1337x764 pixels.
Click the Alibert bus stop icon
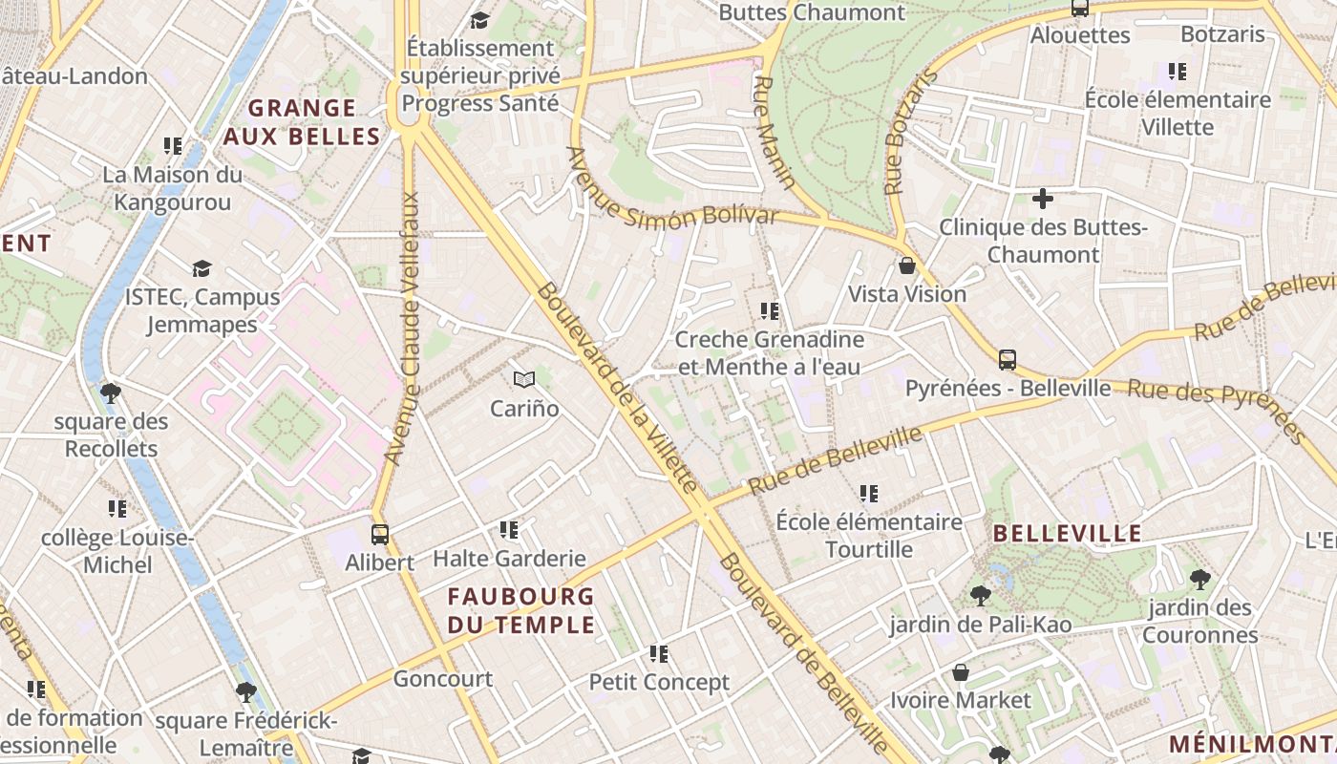379,534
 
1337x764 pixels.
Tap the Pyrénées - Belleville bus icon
1007,360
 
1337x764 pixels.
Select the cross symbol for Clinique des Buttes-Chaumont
1043,199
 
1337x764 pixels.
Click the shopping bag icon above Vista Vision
907,265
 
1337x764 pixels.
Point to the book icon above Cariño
523,380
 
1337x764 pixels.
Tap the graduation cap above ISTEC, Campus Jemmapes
202,268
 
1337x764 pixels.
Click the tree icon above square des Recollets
110,393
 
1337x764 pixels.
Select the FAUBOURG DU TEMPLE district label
521,610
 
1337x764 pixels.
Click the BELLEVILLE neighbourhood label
1068,533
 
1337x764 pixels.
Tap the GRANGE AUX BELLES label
302,121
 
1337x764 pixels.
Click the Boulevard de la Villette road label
619,387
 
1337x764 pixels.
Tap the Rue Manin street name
775,132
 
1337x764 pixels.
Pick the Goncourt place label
443,679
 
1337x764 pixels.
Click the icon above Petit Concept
659,654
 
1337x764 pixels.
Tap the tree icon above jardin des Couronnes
1199,579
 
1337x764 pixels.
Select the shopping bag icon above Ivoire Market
961,672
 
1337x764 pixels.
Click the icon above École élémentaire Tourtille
869,494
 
